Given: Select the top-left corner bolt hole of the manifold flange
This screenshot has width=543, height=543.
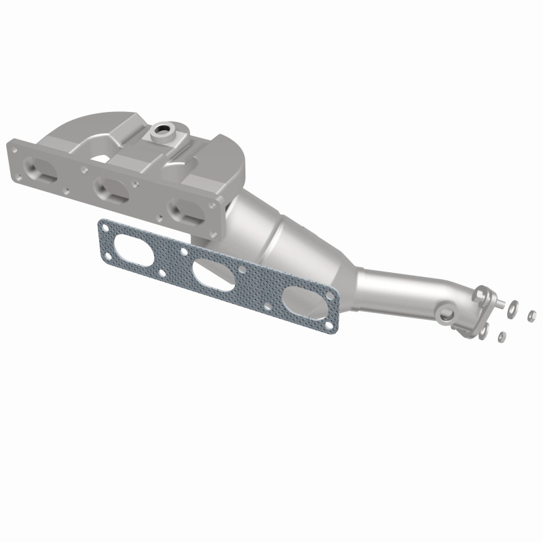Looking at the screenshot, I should tap(14, 145).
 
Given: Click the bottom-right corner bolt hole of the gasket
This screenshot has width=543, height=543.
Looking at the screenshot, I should tap(331, 328).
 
